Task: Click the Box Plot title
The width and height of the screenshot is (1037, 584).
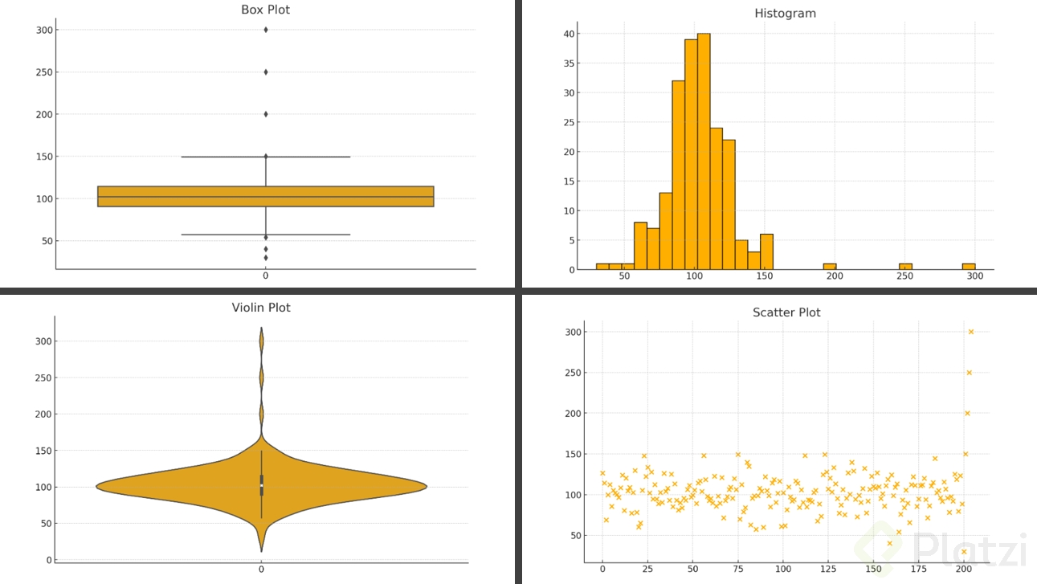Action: [x=265, y=10]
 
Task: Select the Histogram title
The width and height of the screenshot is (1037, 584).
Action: [x=785, y=14]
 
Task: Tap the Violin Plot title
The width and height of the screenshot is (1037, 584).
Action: [x=261, y=308]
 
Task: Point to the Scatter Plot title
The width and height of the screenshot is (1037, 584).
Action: [x=786, y=312]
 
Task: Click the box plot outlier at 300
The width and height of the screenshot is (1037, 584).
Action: [x=265, y=30]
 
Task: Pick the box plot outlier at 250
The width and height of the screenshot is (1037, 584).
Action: [x=265, y=71]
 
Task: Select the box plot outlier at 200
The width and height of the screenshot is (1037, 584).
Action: [x=265, y=114]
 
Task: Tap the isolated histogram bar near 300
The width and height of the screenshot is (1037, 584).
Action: [x=969, y=266]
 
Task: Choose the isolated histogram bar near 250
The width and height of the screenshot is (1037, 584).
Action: [x=905, y=266]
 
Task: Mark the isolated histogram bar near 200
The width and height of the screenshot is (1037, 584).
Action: [x=830, y=266]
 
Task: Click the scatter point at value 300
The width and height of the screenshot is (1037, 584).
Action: [x=970, y=332]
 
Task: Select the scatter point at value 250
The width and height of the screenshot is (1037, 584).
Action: [x=969, y=373]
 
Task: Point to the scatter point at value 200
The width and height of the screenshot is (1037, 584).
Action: [x=967, y=413]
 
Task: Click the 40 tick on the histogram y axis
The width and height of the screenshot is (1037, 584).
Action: [x=570, y=34]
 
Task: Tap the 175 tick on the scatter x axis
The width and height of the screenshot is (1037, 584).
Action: [x=919, y=570]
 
